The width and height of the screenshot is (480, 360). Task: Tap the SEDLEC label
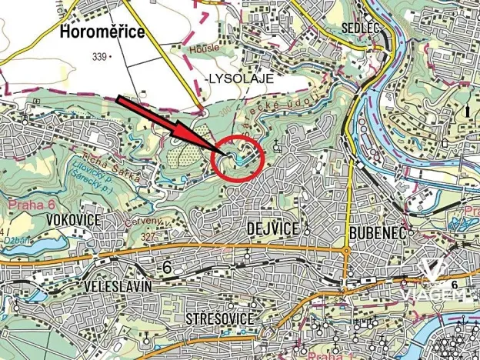pos(358,27)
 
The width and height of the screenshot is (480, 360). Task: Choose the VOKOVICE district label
pos(75,221)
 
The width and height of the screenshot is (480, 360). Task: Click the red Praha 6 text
pos(31,205)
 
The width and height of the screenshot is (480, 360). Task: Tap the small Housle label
pos(205,48)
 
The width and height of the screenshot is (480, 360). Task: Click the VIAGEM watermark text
pos(435,297)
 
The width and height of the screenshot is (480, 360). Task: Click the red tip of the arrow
pos(220,152)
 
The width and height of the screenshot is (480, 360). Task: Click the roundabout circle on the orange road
pos(347,251)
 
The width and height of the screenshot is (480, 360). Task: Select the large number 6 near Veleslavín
pos(165,266)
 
